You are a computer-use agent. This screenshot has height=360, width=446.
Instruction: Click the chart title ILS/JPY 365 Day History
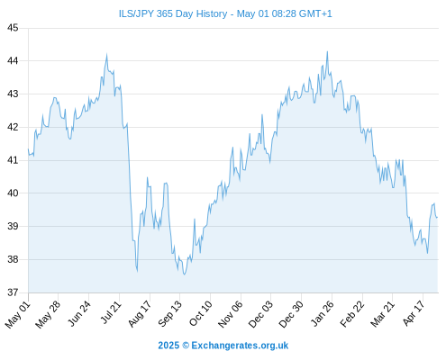173,13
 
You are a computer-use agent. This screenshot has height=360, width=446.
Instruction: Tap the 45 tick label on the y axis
13,28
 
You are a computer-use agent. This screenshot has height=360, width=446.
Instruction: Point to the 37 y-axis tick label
13,292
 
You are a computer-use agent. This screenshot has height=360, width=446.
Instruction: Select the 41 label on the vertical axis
13,160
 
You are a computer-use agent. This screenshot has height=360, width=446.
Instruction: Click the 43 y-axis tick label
13,94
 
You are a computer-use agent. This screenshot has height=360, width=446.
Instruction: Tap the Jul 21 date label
110,312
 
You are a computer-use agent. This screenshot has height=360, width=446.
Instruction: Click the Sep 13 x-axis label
169,313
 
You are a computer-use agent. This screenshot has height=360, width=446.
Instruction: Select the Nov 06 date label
230,314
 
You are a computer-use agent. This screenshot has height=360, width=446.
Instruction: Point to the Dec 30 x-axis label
290,314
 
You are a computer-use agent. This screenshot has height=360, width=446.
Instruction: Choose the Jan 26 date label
322,313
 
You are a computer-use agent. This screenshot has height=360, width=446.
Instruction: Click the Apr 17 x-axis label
414,312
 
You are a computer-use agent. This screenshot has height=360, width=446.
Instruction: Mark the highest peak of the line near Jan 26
327,51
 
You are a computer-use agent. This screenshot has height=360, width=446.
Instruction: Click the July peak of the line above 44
106,55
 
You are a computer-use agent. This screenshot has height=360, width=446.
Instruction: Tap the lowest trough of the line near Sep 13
184,274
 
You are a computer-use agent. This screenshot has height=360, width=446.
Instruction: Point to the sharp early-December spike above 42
262,114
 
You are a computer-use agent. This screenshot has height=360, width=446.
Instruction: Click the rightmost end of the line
437,217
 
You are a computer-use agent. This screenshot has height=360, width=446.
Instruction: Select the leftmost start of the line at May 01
29,148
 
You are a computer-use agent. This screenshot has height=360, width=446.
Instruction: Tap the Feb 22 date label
352,313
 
